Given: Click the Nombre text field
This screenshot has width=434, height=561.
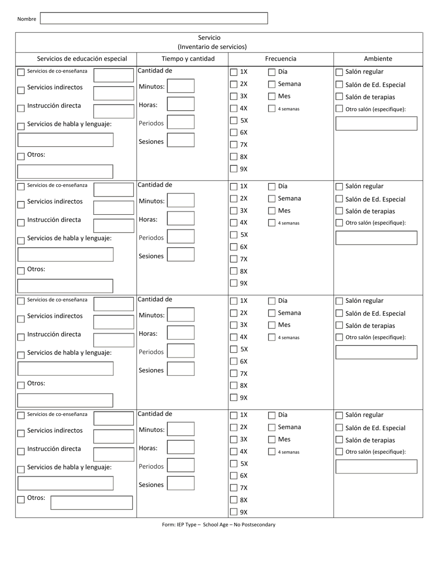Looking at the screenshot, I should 154,18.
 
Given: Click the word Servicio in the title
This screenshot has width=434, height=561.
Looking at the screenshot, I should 209,37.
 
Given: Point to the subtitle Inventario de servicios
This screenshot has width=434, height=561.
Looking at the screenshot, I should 212,47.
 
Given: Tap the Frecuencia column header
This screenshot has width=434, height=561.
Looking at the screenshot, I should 281,58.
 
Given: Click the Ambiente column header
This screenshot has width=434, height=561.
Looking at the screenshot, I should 378,58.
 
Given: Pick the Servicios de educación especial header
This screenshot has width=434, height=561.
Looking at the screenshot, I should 82,58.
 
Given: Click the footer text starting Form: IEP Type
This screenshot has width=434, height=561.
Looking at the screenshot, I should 218,525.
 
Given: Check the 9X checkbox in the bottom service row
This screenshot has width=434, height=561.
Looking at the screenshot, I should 234,512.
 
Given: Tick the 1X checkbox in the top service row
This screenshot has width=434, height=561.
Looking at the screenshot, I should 234,72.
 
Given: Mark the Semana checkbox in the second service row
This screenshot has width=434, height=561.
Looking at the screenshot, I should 272,198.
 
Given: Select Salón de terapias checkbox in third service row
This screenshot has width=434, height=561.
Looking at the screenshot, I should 339,325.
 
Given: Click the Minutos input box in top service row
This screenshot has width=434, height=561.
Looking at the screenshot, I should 180,86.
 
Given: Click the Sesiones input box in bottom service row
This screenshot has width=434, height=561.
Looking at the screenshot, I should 180,483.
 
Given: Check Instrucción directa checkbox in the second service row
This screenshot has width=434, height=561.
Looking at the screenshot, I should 21,223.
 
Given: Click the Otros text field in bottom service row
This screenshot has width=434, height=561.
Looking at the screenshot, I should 91,503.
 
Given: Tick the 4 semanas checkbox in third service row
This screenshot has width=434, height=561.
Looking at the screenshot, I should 272,338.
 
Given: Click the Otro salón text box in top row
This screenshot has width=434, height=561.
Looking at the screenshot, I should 376,124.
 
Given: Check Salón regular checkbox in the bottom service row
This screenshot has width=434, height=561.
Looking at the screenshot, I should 339,416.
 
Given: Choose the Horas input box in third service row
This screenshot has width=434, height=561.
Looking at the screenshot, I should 180,332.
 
